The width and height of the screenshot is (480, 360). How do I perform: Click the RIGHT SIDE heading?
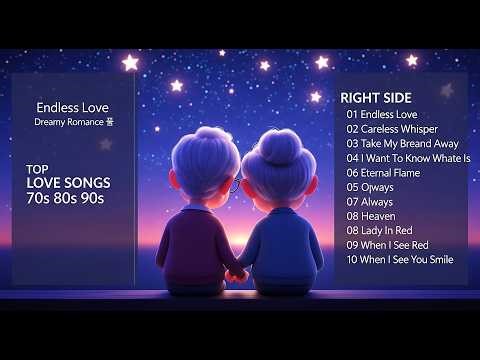(x=374, y=98)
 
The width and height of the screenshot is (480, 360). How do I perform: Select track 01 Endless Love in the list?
(x=382, y=114)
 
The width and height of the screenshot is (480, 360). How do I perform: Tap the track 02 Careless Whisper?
(x=393, y=129)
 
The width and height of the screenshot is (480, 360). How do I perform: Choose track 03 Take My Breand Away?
(x=403, y=143)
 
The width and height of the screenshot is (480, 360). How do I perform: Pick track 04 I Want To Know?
(x=408, y=158)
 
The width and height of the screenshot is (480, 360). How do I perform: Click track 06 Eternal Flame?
(x=383, y=172)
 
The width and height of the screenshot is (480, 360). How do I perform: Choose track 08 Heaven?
(x=371, y=216)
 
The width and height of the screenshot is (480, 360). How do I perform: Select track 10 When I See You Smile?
(x=399, y=259)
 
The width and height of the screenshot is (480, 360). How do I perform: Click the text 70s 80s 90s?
(x=65, y=198)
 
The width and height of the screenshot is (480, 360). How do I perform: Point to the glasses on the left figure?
(x=235, y=184)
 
